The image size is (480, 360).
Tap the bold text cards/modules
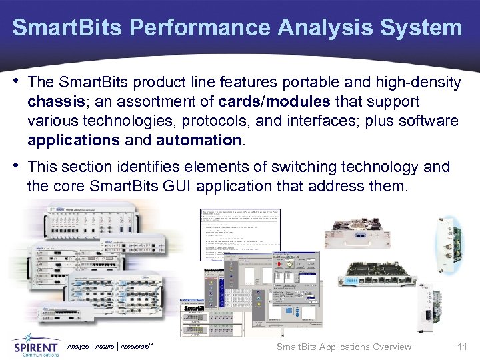[271, 102]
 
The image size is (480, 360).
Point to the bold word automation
[197, 141]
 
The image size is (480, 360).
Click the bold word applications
[71, 141]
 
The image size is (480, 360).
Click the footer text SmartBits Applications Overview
[343, 347]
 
